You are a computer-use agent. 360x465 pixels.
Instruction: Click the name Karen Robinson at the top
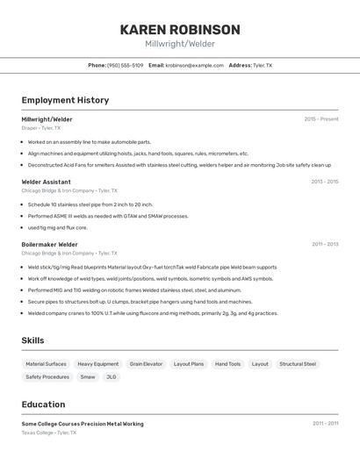pyautogui.click(x=179, y=29)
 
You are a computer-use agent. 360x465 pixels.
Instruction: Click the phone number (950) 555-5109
pyautogui.click(x=125, y=65)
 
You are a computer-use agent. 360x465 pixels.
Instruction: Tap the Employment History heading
pyautogui.click(x=65, y=100)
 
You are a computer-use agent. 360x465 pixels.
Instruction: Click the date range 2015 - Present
pyautogui.click(x=320, y=118)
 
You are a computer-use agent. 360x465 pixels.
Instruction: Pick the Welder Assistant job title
pyautogui.click(x=46, y=182)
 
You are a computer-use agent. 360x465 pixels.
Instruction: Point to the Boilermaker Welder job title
pyautogui.click(x=50, y=244)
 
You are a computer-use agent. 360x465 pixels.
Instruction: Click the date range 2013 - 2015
pyautogui.click(x=324, y=182)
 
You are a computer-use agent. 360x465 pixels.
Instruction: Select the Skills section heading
pyautogui.click(x=32, y=340)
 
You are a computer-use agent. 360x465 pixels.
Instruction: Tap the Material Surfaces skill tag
pyautogui.click(x=46, y=363)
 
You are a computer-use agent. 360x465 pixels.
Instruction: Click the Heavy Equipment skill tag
pyautogui.click(x=97, y=363)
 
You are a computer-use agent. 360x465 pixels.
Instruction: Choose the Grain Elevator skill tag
pyautogui.click(x=146, y=363)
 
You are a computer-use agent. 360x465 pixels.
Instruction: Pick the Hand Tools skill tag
pyautogui.click(x=227, y=363)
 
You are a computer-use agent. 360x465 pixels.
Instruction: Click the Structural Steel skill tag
pyautogui.click(x=298, y=363)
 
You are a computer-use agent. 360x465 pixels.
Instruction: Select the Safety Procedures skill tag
pyautogui.click(x=47, y=376)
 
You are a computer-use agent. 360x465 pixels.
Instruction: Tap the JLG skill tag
pyautogui.click(x=111, y=376)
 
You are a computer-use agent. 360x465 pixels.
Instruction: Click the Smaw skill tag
pyautogui.click(x=88, y=376)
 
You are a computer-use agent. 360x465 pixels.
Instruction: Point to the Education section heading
pyautogui.click(x=43, y=404)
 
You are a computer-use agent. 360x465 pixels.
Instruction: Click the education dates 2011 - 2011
pyautogui.click(x=325, y=423)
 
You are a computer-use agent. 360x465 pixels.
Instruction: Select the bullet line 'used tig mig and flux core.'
pyautogui.click(x=57, y=227)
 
